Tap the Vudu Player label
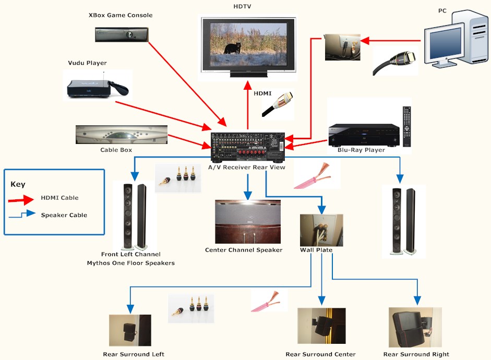tap(87, 63)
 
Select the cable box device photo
tap(122, 134)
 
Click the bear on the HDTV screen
tap(232, 48)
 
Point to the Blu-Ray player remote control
tap(407, 126)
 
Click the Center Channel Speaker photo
tap(247, 221)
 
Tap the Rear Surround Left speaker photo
tap(130, 330)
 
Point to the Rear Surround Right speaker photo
tap(415, 327)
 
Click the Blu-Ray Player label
tap(361, 150)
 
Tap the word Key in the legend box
tap(18, 184)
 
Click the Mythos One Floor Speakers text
tap(131, 263)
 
